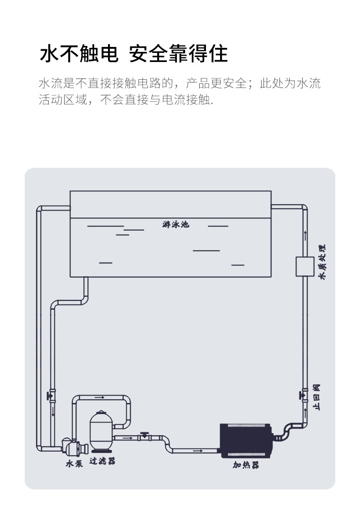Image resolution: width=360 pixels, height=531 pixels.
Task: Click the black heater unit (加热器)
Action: pos(246,441)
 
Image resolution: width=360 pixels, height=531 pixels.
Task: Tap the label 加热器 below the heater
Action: pos(246,465)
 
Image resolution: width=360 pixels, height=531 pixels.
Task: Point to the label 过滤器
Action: pos(102,461)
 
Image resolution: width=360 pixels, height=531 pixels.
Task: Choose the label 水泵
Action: pos(74,464)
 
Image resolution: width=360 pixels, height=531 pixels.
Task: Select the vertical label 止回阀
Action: pos(316,397)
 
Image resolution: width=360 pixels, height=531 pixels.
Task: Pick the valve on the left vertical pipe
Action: pos(52,395)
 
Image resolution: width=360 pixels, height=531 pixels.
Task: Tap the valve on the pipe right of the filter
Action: pos(145,436)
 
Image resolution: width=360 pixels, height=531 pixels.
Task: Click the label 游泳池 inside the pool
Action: pos(175,224)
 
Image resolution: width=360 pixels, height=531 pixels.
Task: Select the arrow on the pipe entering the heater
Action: pos(198,451)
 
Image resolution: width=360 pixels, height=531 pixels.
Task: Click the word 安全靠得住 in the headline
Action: pos(178,54)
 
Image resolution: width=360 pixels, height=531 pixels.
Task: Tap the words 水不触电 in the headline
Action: pos(79,54)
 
